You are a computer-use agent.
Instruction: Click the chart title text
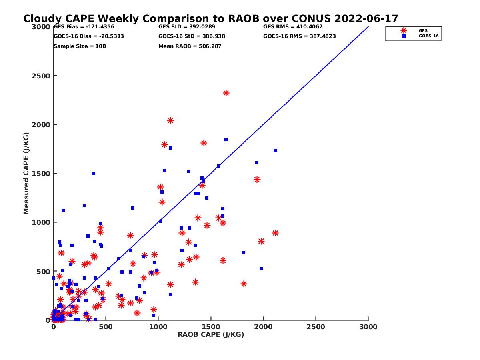[210, 19]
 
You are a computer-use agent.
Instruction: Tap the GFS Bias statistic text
[84, 27]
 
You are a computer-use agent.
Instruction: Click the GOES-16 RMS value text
[300, 36]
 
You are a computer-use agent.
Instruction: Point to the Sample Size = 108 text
[80, 46]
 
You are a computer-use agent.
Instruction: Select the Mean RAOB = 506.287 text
[190, 46]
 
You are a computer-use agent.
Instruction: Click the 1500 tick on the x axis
[211, 327]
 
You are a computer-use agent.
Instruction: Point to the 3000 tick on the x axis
[368, 327]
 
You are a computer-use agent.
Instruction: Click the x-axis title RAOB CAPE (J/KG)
[211, 335]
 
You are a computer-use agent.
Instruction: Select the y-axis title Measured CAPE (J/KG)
[26, 173]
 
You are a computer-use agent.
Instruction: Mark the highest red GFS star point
[226, 93]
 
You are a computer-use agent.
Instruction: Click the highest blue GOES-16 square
[226, 140]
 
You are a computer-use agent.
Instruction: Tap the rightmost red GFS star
[275, 233]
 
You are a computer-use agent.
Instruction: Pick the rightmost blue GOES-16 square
[275, 150]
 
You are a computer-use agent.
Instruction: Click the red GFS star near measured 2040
[170, 120]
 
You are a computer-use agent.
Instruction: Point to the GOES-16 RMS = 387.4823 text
[300, 36]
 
